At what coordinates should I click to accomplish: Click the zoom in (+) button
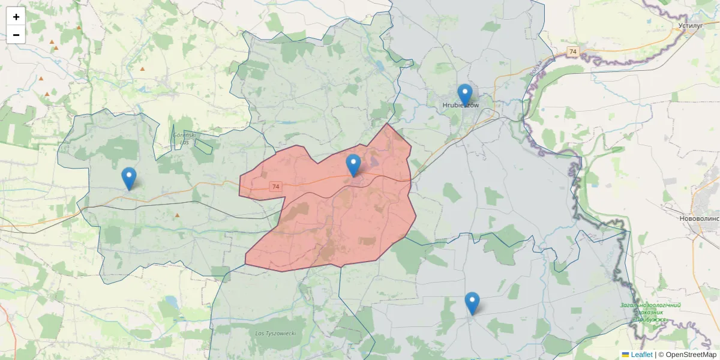point(16,17)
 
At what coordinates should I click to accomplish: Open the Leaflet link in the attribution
point(641,355)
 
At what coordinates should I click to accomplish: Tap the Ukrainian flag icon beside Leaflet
point(625,355)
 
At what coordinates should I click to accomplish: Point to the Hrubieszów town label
point(461,106)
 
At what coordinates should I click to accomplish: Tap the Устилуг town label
point(689,26)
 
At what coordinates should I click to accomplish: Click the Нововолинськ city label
point(700,218)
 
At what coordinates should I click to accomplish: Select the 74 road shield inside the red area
point(275,187)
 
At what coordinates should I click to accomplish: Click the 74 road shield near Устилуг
point(573,52)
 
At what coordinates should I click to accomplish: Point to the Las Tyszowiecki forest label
point(275,333)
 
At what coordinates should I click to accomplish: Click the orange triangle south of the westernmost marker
point(177,215)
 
